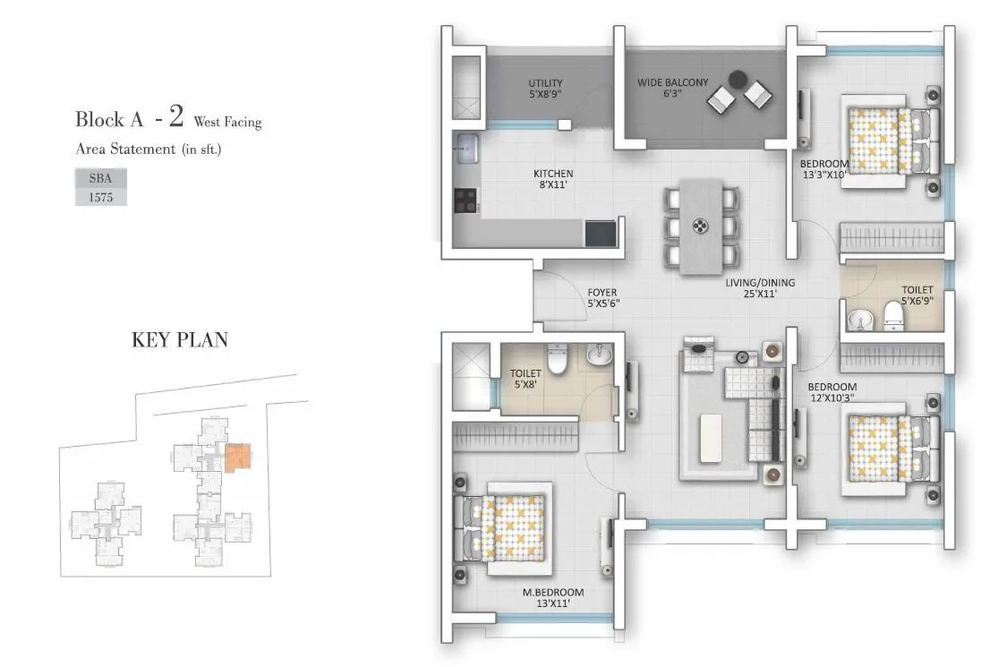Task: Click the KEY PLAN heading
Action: pyautogui.click(x=179, y=340)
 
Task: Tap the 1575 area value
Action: pyautogui.click(x=100, y=198)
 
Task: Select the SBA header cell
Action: pyautogui.click(x=100, y=178)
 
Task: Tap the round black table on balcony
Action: pyautogui.click(x=739, y=80)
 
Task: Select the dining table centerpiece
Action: pyautogui.click(x=699, y=227)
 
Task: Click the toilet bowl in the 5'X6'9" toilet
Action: pyautogui.click(x=892, y=313)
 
